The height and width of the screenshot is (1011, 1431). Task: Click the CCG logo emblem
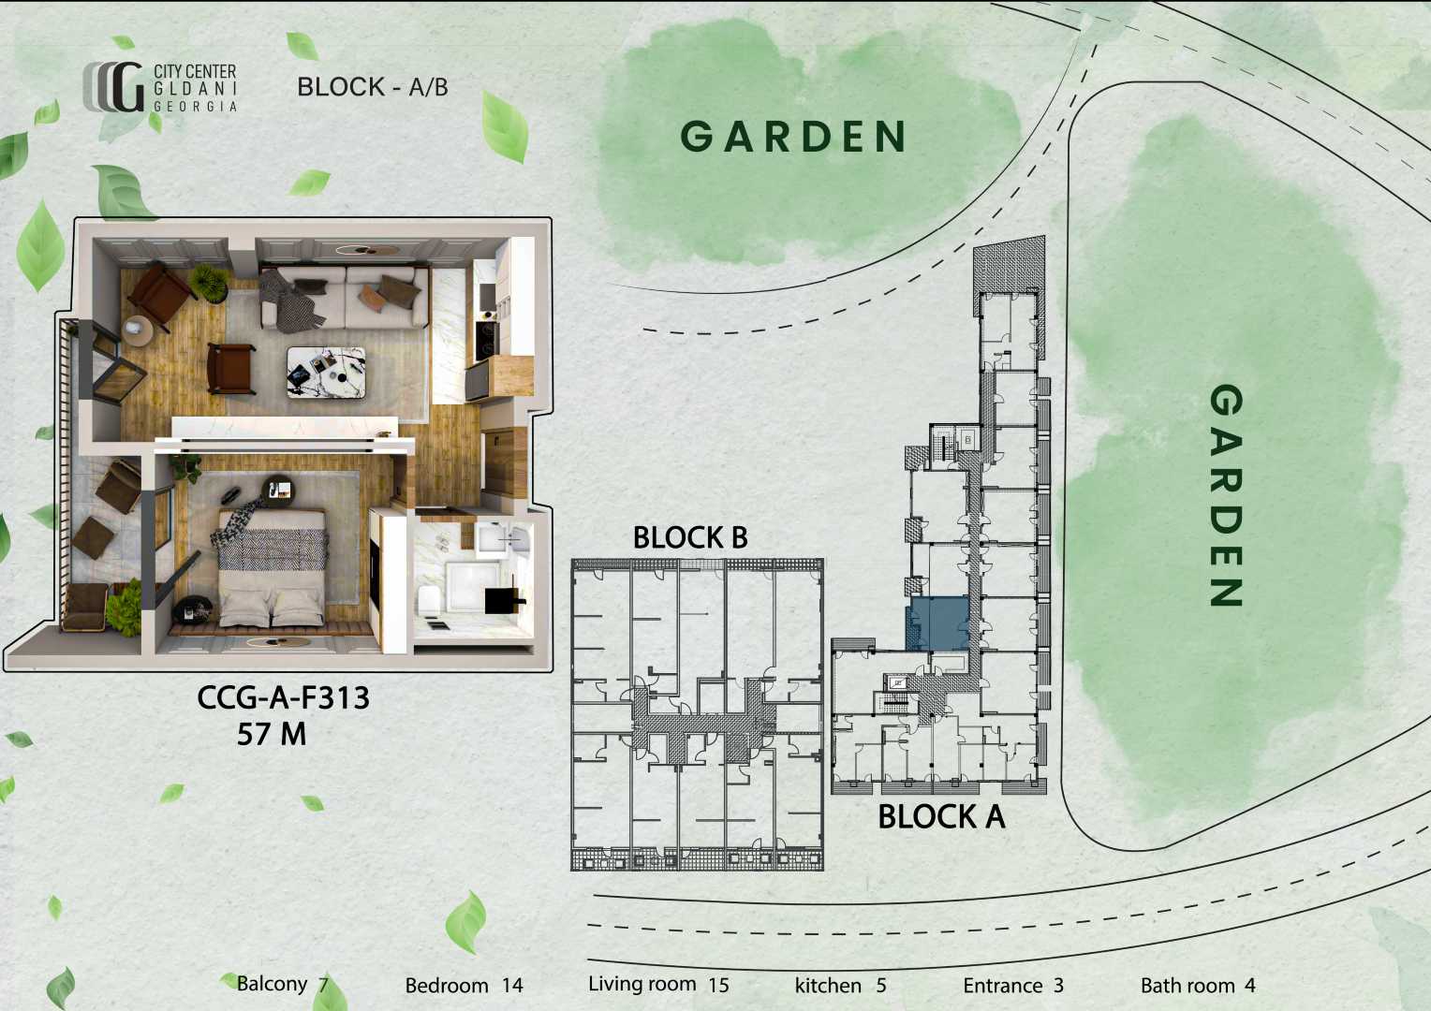point(113,87)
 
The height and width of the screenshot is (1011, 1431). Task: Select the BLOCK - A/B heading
point(373,87)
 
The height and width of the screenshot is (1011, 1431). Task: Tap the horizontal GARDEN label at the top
point(793,137)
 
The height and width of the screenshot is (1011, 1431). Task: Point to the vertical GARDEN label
point(1226,495)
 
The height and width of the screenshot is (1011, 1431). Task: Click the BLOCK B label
point(690,537)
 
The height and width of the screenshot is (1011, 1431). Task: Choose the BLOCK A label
point(941,817)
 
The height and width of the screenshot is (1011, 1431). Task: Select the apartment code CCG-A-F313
point(283,697)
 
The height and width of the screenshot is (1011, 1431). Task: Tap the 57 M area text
point(272,734)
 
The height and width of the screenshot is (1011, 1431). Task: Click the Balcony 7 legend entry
point(283,984)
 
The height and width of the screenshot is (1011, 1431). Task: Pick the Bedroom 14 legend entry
point(464,986)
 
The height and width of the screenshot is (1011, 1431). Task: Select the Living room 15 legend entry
point(658,984)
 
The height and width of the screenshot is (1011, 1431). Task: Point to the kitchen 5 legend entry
point(841,986)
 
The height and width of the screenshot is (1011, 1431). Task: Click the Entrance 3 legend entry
point(1013,986)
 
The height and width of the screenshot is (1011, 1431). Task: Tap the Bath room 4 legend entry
point(1198,986)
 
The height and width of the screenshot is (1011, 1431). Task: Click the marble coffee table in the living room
point(327,373)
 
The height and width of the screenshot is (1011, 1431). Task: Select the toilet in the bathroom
point(427,601)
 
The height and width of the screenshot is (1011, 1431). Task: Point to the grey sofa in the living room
point(345,298)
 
